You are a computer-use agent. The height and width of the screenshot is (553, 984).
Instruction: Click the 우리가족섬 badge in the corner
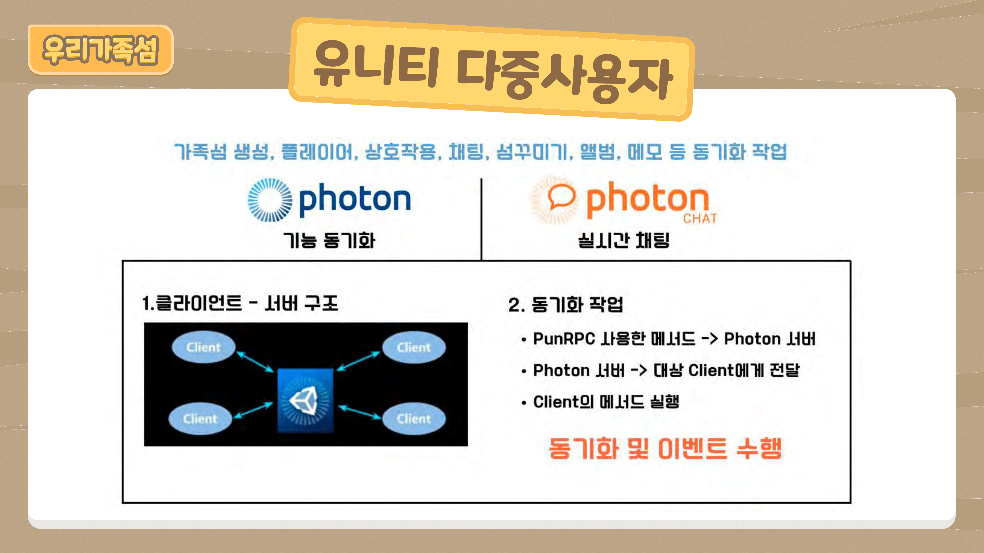(101, 50)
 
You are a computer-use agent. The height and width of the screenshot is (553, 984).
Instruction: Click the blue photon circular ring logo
(270, 200)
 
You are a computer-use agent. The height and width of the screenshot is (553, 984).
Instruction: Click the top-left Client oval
(203, 347)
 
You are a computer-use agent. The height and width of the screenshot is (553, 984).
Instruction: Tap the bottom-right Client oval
(414, 419)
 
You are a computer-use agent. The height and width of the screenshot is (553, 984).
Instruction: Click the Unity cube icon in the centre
(305, 401)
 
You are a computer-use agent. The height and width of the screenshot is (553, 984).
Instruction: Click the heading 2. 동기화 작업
(565, 305)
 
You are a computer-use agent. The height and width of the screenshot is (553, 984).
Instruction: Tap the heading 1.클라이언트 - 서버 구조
(240, 303)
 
